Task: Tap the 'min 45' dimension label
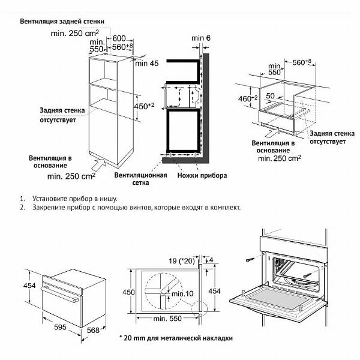pos(148,63)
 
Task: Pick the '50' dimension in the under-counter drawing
pos(271,96)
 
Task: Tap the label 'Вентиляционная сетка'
pos(139,180)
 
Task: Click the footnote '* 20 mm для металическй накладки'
pos(176,338)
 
